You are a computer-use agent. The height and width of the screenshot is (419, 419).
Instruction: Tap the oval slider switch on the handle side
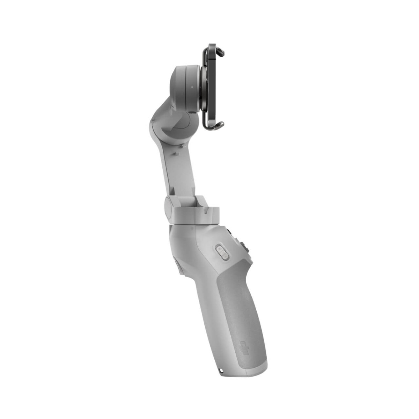click(221, 252)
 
